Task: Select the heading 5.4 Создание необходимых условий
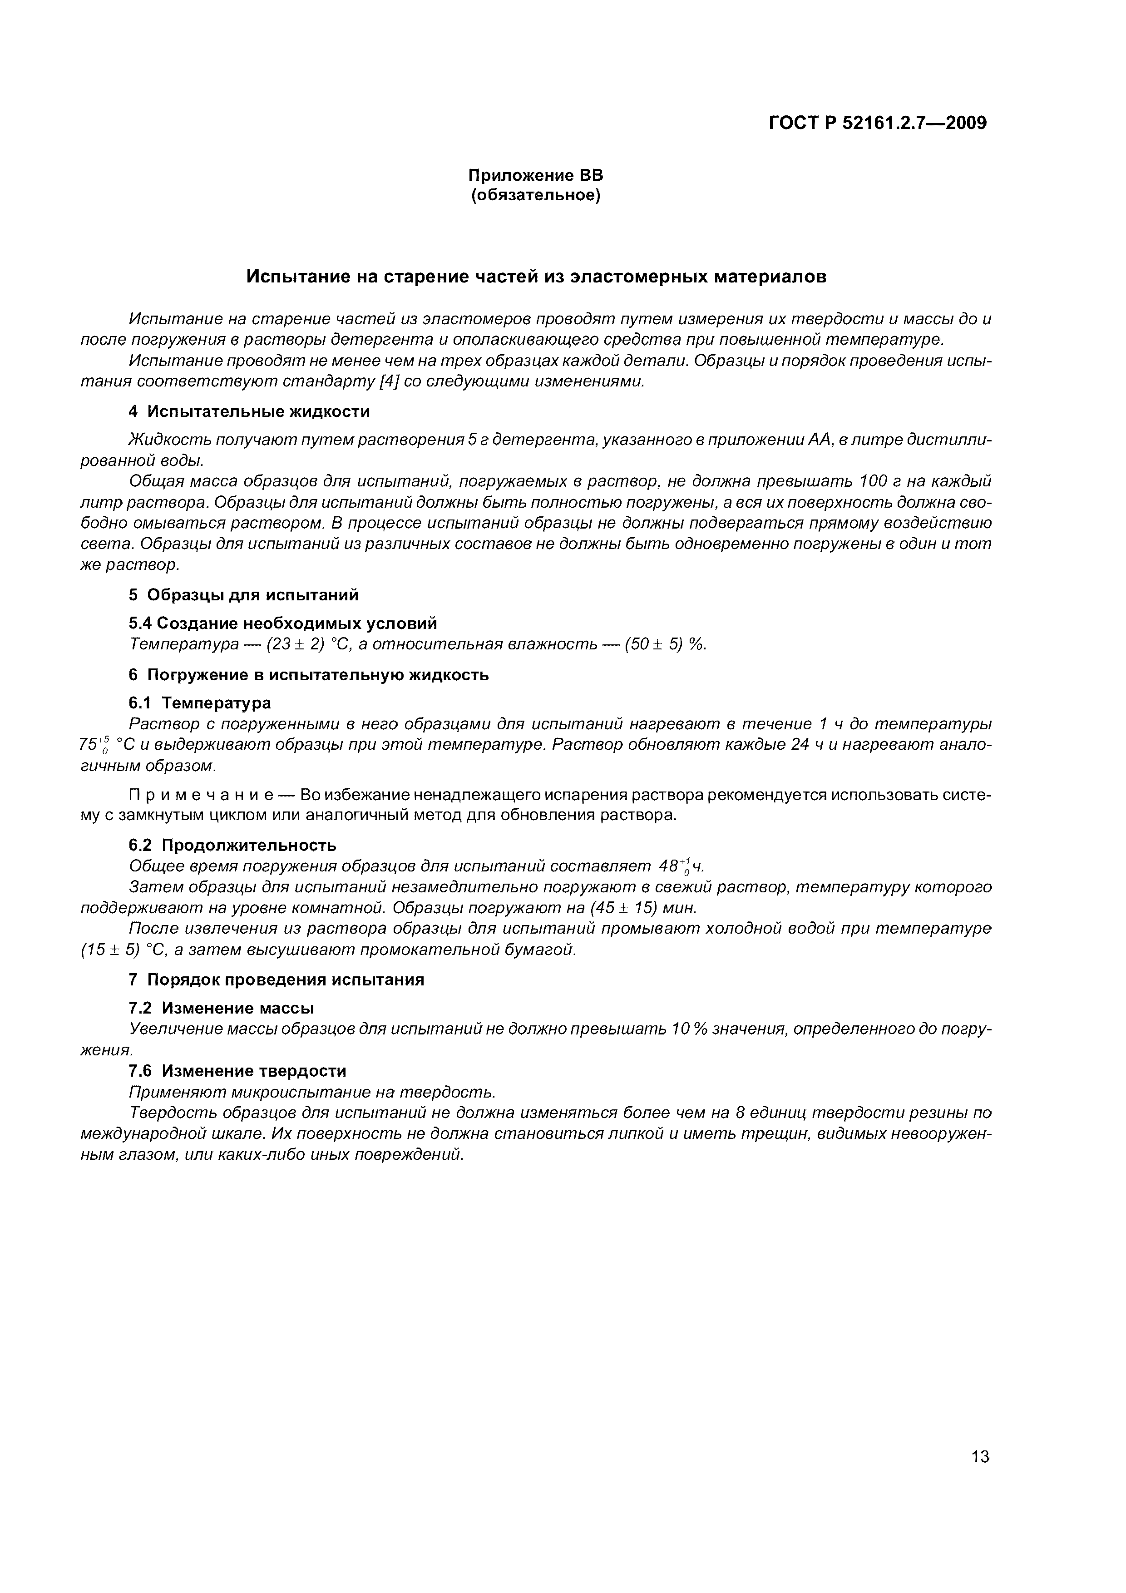[x=283, y=623]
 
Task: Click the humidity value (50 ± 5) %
[x=665, y=644]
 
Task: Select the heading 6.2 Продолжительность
[x=232, y=845]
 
